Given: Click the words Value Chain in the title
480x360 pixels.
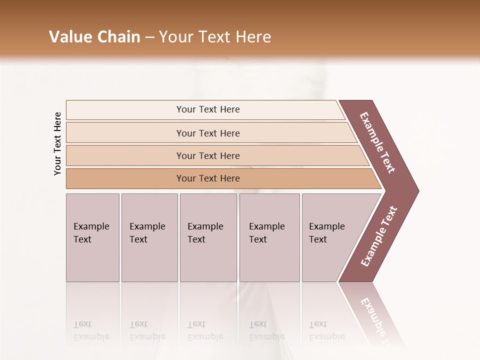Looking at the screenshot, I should click(x=94, y=37).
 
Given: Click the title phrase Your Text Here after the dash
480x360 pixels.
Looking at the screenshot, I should click(x=215, y=37).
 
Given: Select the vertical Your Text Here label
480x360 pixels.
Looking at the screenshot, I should click(x=57, y=144).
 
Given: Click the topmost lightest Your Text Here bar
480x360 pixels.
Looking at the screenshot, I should click(x=208, y=109).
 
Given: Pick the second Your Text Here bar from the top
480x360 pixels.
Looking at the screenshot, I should click(x=208, y=133).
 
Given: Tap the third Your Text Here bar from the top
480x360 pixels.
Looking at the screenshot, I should click(x=208, y=155).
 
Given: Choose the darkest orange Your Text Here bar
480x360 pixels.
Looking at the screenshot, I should click(x=208, y=178).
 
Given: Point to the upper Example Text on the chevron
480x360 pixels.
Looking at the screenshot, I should click(x=377, y=142).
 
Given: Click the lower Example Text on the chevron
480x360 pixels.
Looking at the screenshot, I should click(x=378, y=236).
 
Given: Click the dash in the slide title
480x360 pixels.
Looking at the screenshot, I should click(x=149, y=37).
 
